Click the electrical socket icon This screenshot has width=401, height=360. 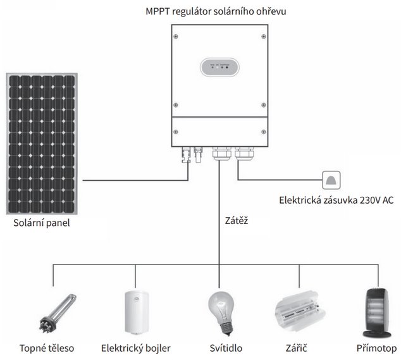[x=331, y=180]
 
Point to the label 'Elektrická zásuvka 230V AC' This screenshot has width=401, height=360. [x=334, y=201]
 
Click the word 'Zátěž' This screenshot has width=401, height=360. [x=235, y=223]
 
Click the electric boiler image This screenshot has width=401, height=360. [x=135, y=313]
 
